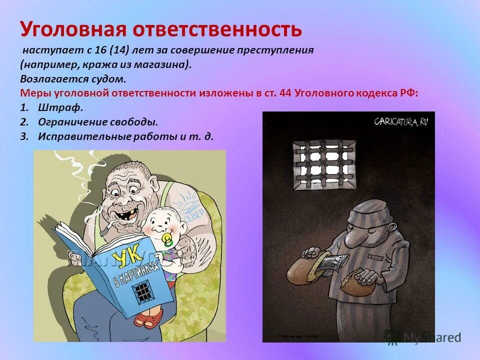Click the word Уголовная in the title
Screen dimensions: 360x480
(x=73, y=29)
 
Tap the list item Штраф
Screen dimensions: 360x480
(x=60, y=107)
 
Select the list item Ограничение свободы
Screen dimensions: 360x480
(x=98, y=121)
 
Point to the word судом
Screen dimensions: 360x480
(x=106, y=78)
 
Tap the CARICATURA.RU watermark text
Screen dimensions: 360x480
(x=400, y=121)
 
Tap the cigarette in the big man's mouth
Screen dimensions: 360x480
(x=107, y=228)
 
